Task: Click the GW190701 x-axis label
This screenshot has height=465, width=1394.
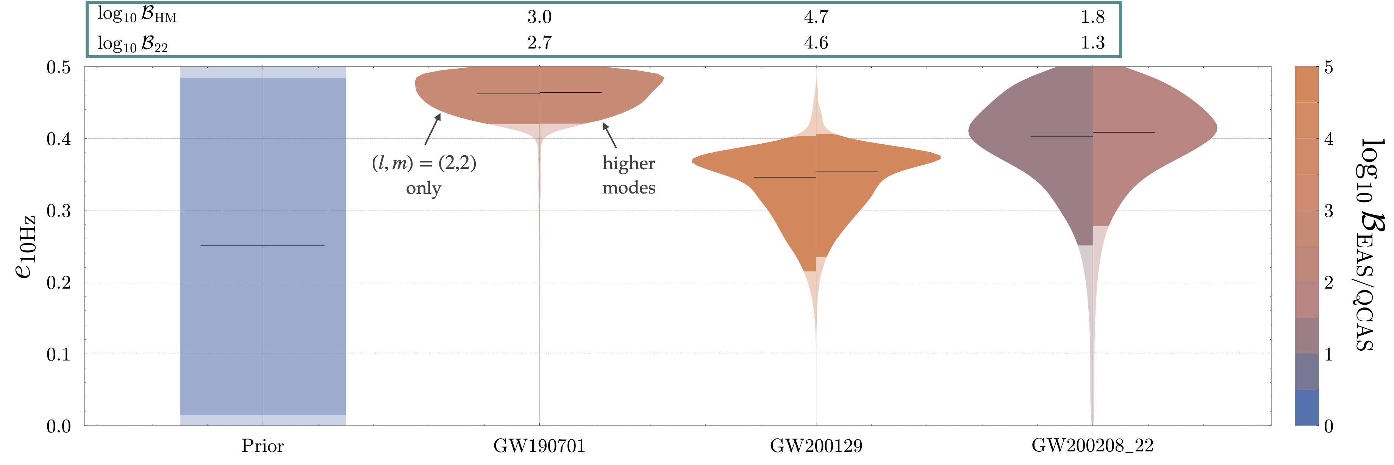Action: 539,446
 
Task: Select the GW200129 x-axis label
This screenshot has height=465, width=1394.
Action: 816,446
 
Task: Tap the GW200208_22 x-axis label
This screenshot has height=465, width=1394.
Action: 1092,446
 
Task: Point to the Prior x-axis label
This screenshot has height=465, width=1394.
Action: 263,446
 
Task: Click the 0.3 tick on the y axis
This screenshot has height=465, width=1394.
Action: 58,210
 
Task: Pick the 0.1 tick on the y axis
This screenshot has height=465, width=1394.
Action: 58,354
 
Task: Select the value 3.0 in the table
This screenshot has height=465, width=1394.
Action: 539,17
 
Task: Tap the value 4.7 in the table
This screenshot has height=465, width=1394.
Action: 816,17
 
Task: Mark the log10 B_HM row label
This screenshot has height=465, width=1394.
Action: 137,16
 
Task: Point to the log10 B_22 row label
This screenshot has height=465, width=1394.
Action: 133,43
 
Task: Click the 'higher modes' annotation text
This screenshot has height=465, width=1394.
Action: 629,175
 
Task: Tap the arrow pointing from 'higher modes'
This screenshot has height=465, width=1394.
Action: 610,135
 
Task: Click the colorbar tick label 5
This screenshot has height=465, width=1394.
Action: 1328,68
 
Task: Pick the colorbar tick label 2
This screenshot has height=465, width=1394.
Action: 1328,282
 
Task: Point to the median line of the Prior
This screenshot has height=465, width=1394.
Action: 263,246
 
